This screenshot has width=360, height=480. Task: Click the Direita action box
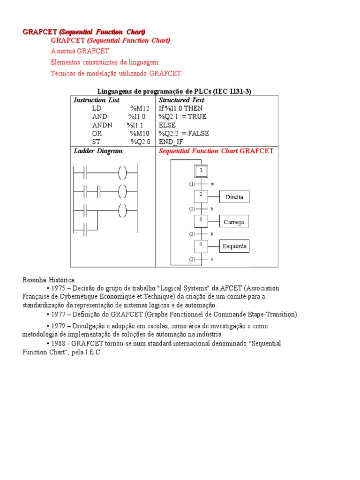(234, 197)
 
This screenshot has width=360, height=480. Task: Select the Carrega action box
(234, 222)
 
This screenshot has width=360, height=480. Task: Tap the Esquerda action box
(234, 246)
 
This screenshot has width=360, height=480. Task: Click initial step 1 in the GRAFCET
(201, 172)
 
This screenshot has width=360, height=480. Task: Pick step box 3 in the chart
(201, 220)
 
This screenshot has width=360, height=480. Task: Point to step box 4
(201, 245)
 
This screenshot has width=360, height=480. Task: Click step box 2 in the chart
(201, 195)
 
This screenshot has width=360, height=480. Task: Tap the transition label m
(212, 184)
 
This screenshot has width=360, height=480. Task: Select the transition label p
(212, 233)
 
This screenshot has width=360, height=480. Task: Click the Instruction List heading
(97, 100)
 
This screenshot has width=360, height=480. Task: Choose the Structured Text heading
(181, 100)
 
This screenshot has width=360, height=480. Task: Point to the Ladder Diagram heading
(98, 151)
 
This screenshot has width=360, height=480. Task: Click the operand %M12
(140, 108)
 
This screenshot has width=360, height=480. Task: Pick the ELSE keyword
(167, 125)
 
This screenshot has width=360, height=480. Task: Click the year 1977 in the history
(59, 315)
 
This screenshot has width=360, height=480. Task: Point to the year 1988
(59, 344)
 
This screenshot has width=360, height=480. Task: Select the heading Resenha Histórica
(48, 280)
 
